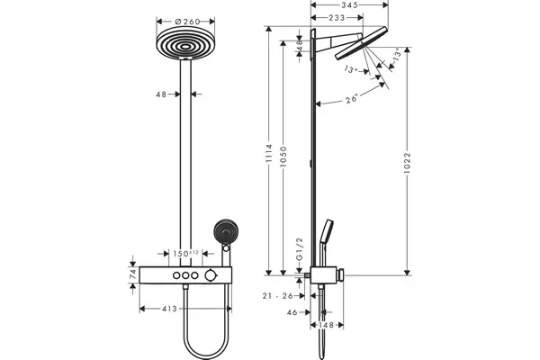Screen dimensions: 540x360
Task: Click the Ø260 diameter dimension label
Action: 187,22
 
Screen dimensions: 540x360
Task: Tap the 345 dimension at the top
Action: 350,4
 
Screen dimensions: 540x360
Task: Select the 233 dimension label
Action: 337,18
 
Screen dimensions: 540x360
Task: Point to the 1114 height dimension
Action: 268,154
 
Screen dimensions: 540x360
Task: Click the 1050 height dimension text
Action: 283,157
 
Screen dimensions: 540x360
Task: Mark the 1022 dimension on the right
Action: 408,163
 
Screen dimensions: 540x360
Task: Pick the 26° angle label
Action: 352,98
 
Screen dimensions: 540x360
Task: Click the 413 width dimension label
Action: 169,309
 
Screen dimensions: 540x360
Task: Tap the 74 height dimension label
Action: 133,274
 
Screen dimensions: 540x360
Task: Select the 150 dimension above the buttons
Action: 185,254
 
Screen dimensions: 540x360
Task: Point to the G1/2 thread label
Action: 300,248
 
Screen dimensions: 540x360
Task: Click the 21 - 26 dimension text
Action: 277,295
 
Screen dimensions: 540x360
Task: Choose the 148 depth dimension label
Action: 326,325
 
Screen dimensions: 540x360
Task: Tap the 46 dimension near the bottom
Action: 292,312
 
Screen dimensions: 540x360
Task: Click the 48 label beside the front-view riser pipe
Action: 161,94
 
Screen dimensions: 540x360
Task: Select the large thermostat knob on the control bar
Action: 210,275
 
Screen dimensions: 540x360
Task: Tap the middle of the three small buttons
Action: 185,275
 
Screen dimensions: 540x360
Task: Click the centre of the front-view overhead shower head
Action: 185,43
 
